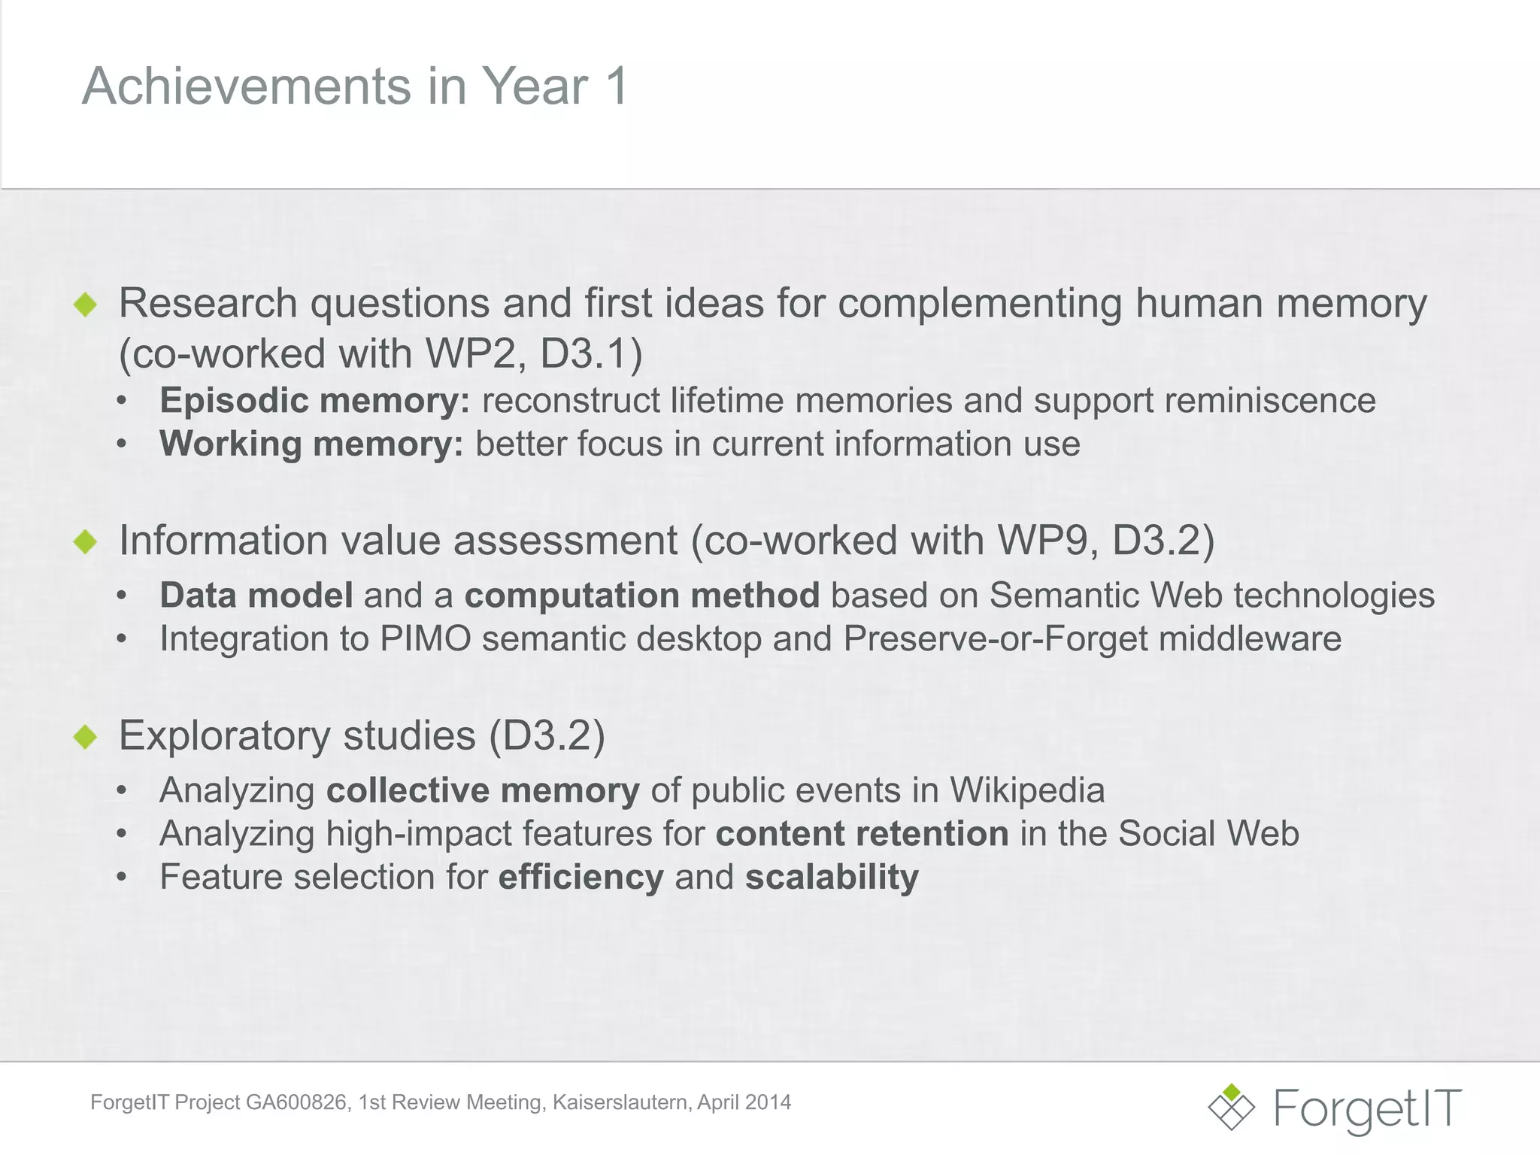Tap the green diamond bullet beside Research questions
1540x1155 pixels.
(x=86, y=305)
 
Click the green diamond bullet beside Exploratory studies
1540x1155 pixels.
(x=86, y=737)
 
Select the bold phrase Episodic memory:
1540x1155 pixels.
(x=314, y=400)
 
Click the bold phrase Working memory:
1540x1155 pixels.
(x=311, y=444)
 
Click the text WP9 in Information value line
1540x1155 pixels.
(x=1042, y=541)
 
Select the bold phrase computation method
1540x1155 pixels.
(x=641, y=596)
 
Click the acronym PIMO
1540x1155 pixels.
(x=425, y=639)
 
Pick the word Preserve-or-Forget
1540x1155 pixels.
(x=996, y=639)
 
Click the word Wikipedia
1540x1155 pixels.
(x=1027, y=790)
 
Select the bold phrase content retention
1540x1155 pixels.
(x=862, y=834)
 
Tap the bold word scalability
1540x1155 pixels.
(x=832, y=878)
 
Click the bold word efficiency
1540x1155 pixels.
(x=581, y=878)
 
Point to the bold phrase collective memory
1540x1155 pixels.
(x=483, y=790)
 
